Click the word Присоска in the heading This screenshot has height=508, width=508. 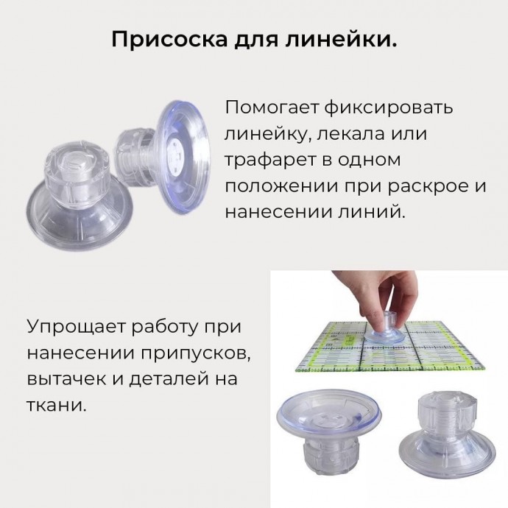click(169, 40)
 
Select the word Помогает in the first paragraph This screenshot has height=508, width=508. click(273, 107)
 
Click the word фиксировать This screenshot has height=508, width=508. click(389, 107)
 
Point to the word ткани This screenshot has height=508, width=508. click(56, 406)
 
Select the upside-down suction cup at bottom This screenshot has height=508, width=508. click(329, 434)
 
